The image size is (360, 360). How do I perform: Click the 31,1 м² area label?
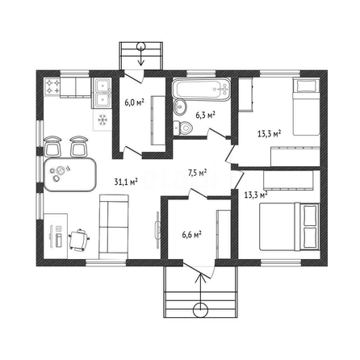click(126, 182)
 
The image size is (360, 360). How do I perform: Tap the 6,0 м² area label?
click(134, 103)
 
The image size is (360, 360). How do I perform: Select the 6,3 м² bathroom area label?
click(205, 115)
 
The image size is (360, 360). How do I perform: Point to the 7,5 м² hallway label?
click(197, 173)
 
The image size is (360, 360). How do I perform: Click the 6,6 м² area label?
click(192, 234)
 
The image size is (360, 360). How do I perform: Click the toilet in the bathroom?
click(182, 128)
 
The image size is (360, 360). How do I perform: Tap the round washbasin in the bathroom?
click(179, 107)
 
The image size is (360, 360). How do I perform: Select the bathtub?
click(202, 90)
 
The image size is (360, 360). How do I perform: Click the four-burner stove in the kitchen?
click(52, 86)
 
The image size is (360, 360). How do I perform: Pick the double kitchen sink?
click(102, 93)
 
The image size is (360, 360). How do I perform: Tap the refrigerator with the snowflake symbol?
click(103, 119)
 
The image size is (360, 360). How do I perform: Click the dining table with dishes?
click(69, 174)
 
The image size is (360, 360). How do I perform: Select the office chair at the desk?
click(79, 240)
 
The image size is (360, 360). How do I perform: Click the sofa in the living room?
click(114, 227)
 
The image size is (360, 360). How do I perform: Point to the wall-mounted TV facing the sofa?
click(157, 230)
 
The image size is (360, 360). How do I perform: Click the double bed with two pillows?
click(290, 227)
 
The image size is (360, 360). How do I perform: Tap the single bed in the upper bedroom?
click(306, 107)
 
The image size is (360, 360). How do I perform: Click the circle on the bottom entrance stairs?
click(200, 310)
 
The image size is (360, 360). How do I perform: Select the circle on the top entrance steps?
click(140, 47)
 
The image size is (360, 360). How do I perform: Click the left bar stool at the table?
click(52, 146)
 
